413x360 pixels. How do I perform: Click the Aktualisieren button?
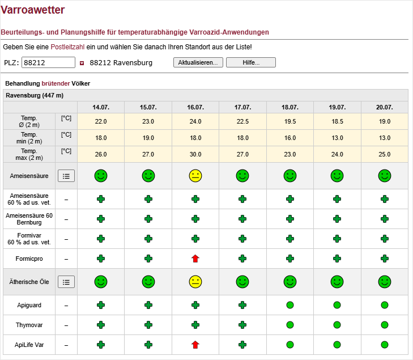tap(198, 62)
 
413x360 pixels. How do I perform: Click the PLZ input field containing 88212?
tap(49, 62)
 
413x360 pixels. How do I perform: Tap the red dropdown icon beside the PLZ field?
tap(82, 63)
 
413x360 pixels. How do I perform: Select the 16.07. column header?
tap(195, 107)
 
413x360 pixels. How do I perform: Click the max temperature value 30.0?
tap(195, 154)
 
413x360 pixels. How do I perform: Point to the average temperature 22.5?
tap(242, 121)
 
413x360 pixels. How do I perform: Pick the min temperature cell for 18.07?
tap(290, 138)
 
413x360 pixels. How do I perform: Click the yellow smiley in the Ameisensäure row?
tap(195, 176)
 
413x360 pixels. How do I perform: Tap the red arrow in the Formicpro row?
tap(195, 259)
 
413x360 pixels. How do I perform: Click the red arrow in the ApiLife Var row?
tap(195, 345)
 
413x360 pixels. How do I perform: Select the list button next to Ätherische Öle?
tap(66, 282)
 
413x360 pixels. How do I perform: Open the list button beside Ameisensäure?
tap(66, 176)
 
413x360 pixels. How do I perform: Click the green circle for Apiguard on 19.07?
tap(337, 305)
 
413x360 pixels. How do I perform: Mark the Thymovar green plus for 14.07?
tap(101, 325)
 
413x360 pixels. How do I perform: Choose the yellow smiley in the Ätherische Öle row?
tap(195, 282)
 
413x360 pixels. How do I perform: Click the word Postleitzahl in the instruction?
tap(67, 47)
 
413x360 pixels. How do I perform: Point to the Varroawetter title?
tap(33, 10)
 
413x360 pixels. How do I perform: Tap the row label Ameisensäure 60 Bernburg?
tap(29, 219)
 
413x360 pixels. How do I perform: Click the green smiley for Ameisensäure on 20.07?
tap(385, 176)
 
